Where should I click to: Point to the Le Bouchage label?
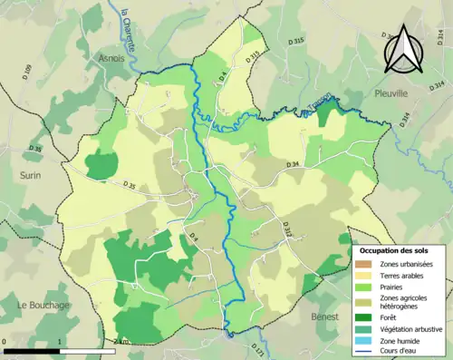(43, 306)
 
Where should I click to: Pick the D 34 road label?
(292, 164)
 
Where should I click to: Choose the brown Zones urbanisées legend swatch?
(360, 264)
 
